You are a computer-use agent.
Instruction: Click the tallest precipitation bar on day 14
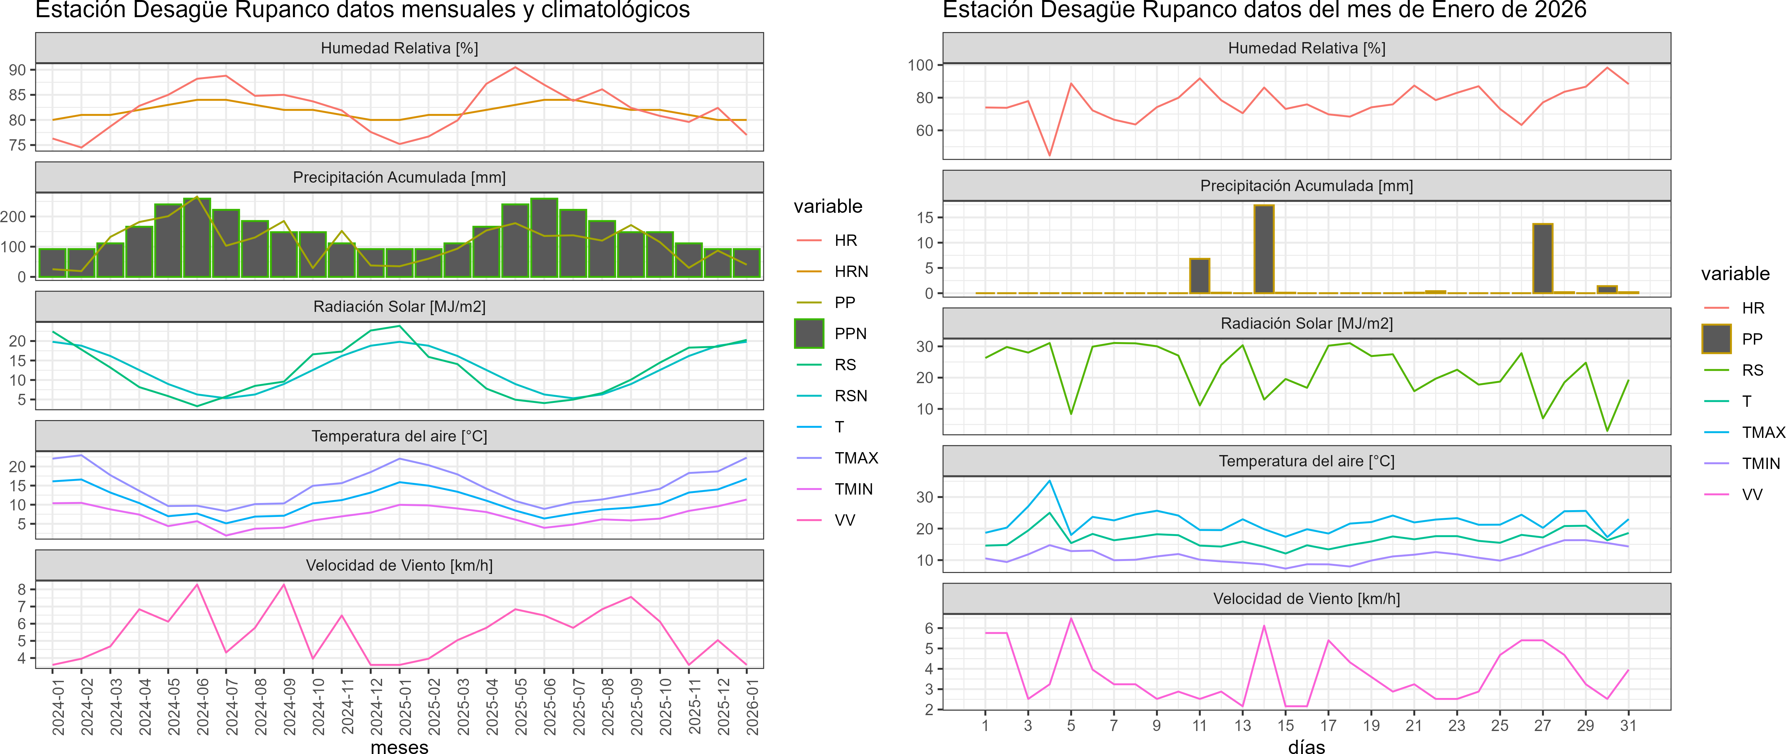point(1264,249)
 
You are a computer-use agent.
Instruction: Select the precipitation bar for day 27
point(1543,258)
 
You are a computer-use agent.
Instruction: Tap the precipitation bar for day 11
point(1199,276)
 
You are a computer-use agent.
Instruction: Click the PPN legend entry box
point(809,333)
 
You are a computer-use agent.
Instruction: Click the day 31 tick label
point(1628,725)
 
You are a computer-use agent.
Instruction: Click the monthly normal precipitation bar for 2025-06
point(544,238)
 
